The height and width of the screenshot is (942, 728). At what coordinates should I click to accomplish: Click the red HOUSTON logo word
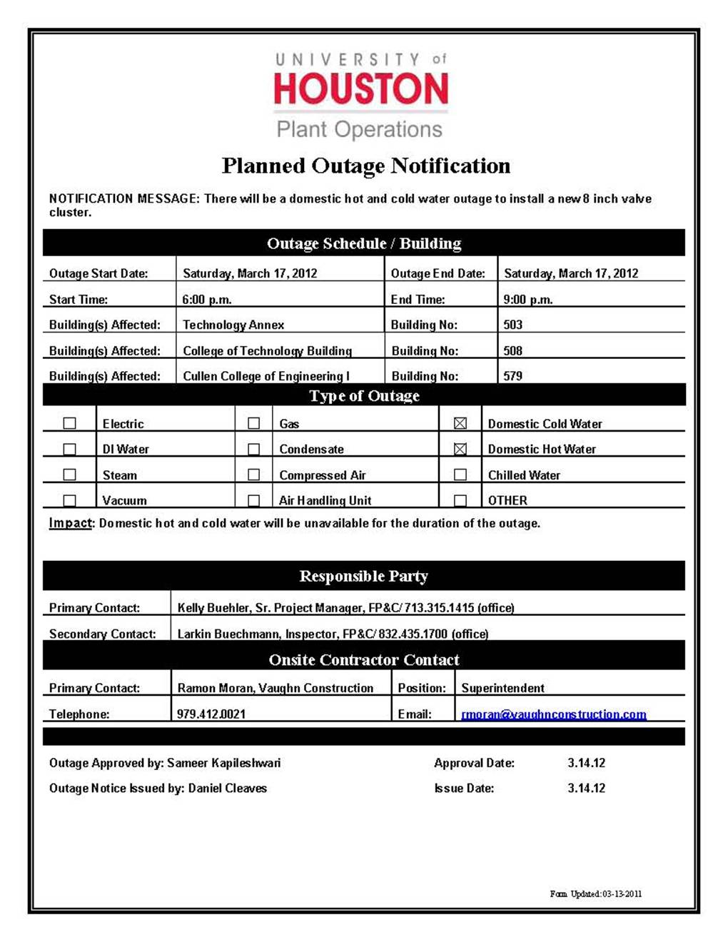pos(361,89)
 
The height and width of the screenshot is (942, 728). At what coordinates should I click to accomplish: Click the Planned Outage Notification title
pos(365,166)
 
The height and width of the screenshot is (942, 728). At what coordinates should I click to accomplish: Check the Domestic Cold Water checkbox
pos(460,423)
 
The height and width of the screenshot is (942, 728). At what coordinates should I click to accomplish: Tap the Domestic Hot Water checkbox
pos(460,449)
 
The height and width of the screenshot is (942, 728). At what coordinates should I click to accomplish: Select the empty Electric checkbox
pos(69,423)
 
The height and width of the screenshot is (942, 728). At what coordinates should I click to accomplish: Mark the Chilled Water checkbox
pos(460,475)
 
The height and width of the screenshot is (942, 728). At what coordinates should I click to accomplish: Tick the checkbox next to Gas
pos(253,423)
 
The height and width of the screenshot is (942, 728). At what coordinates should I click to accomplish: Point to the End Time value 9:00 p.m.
pos(528,300)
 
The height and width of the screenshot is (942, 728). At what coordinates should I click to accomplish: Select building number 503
pos(512,325)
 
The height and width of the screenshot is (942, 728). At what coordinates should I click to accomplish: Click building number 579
pos(512,376)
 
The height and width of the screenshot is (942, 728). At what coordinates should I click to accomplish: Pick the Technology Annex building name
pos(233,325)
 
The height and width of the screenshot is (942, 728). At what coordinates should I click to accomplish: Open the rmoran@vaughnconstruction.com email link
pos(554,714)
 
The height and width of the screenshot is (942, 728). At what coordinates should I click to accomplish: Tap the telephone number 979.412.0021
pos(211,714)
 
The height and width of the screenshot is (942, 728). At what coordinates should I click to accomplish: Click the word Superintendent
pos(502,688)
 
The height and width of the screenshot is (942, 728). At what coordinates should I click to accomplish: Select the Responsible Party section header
pos(363,576)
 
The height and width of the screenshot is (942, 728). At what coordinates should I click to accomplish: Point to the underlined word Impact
pos(70,523)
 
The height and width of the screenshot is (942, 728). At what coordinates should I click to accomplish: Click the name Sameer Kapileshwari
pos(223,763)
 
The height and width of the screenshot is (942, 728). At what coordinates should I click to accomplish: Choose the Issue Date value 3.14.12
pos(586,789)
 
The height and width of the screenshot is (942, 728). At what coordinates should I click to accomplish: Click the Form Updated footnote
pos(595,893)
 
